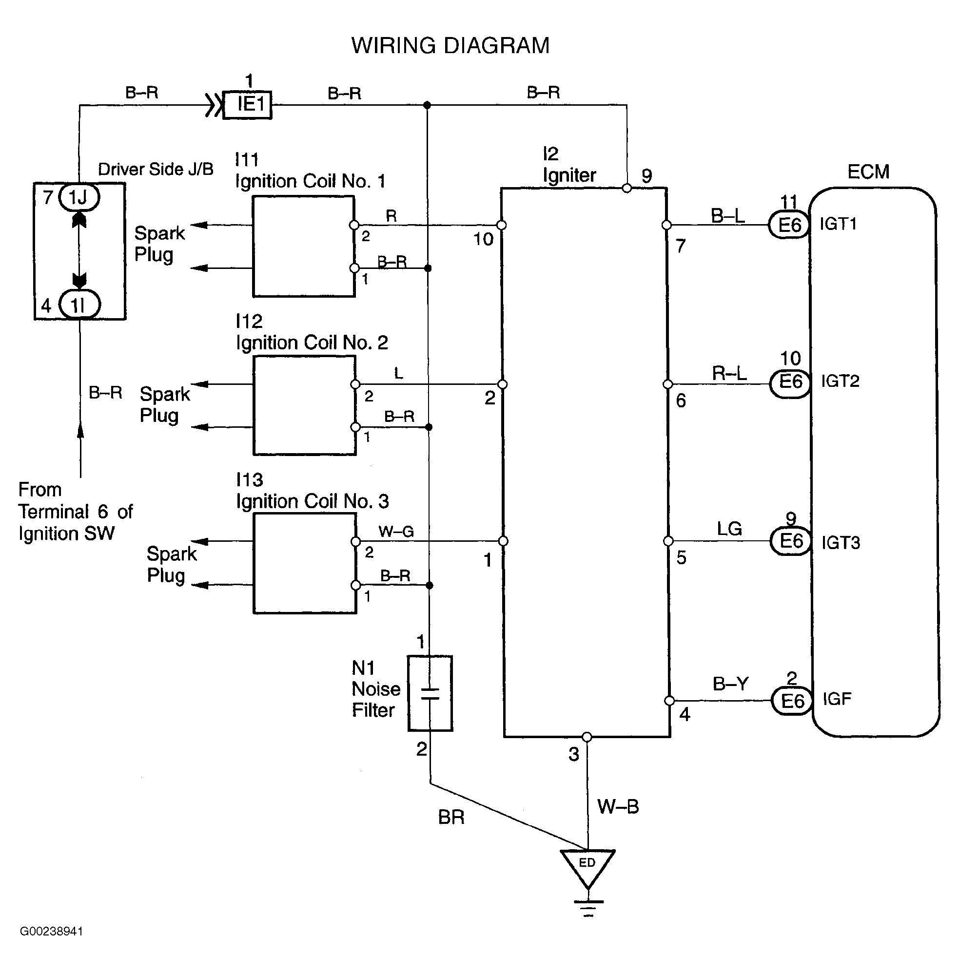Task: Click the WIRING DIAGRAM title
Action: click(450, 45)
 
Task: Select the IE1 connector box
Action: click(247, 105)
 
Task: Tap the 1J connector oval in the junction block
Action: click(79, 197)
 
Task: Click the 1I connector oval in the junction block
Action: click(79, 305)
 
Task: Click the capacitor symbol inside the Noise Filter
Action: click(430, 693)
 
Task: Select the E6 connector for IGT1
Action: click(789, 225)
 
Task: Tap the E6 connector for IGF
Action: click(792, 700)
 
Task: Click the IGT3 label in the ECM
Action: click(840, 542)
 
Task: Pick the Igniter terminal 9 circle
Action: click(627, 188)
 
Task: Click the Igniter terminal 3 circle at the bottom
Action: click(587, 737)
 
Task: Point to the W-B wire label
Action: click(618, 806)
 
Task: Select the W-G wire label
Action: click(396, 531)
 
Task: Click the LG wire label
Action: click(729, 529)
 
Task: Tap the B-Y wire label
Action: click(731, 684)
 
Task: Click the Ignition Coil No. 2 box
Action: click(305, 405)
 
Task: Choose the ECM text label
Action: click(868, 172)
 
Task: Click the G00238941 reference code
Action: click(51, 931)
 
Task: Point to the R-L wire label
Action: click(729, 373)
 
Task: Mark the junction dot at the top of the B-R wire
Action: click(427, 105)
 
